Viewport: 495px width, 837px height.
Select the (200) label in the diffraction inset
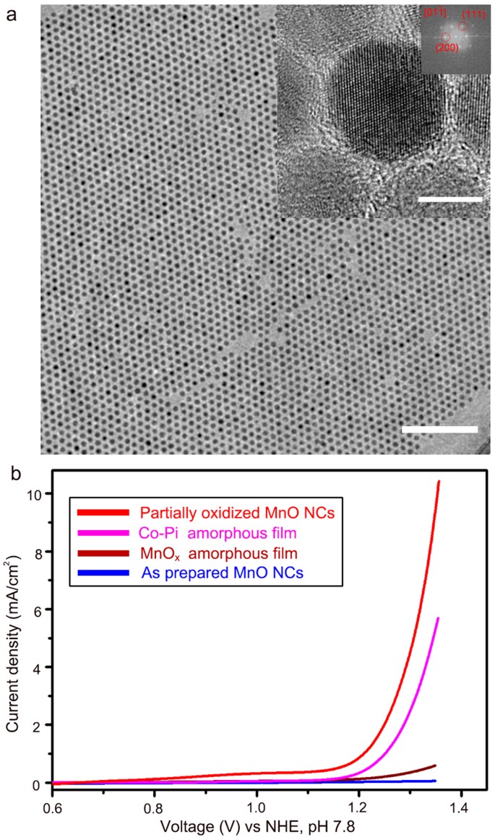pyautogui.click(x=445, y=48)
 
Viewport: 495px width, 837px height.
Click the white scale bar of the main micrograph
pyautogui.click(x=439, y=429)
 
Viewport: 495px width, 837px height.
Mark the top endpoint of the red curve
pyautogui.click(x=438, y=482)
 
